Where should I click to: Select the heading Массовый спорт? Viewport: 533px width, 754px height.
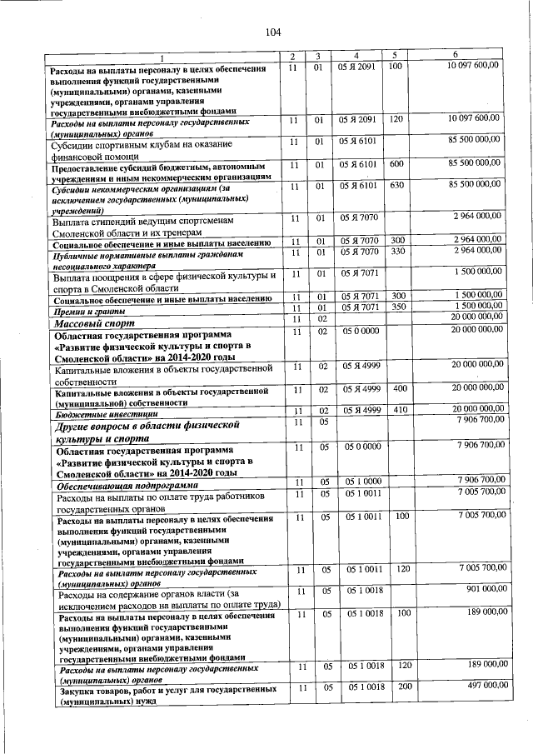tap(90, 321)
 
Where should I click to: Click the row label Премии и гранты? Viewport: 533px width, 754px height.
tap(84, 310)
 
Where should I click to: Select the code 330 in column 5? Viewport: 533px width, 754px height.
tap(397, 251)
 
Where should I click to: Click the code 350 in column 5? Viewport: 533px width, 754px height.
tap(397, 307)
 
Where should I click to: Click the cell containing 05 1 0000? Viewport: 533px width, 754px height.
tap(362, 482)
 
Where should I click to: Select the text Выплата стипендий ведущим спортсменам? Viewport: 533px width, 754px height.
tap(138, 222)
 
